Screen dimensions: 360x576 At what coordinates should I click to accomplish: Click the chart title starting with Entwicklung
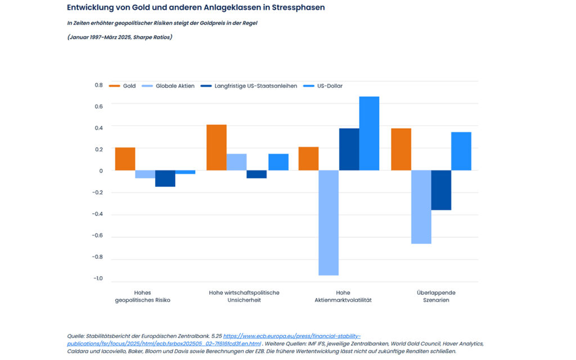pyautogui.click(x=196, y=8)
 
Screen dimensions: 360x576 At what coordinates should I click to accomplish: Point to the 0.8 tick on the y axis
pyautogui.click(x=98, y=85)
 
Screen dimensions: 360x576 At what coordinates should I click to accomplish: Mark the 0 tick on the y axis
pyautogui.click(x=101, y=171)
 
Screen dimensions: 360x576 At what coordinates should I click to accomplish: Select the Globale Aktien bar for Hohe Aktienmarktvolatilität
pyautogui.click(x=328, y=223)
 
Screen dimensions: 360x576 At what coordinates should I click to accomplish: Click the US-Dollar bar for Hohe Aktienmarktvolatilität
pyautogui.click(x=369, y=133)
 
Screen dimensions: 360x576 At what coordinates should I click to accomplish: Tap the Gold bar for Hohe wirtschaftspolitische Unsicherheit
pyautogui.click(x=217, y=147)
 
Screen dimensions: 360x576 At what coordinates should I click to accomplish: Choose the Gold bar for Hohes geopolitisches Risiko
pyautogui.click(x=125, y=159)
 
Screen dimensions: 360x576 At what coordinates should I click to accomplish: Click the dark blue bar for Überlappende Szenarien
pyautogui.click(x=441, y=190)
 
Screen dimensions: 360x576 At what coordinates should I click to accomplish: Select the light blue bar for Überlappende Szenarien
pyautogui.click(x=421, y=207)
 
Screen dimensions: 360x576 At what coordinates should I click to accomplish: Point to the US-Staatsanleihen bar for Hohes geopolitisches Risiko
pyautogui.click(x=165, y=178)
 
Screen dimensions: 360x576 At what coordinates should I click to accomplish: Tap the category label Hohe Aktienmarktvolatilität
pyautogui.click(x=343, y=296)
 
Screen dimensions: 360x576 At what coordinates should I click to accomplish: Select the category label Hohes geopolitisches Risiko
pyautogui.click(x=142, y=296)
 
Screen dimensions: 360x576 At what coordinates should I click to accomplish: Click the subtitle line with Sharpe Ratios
pyautogui.click(x=119, y=37)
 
